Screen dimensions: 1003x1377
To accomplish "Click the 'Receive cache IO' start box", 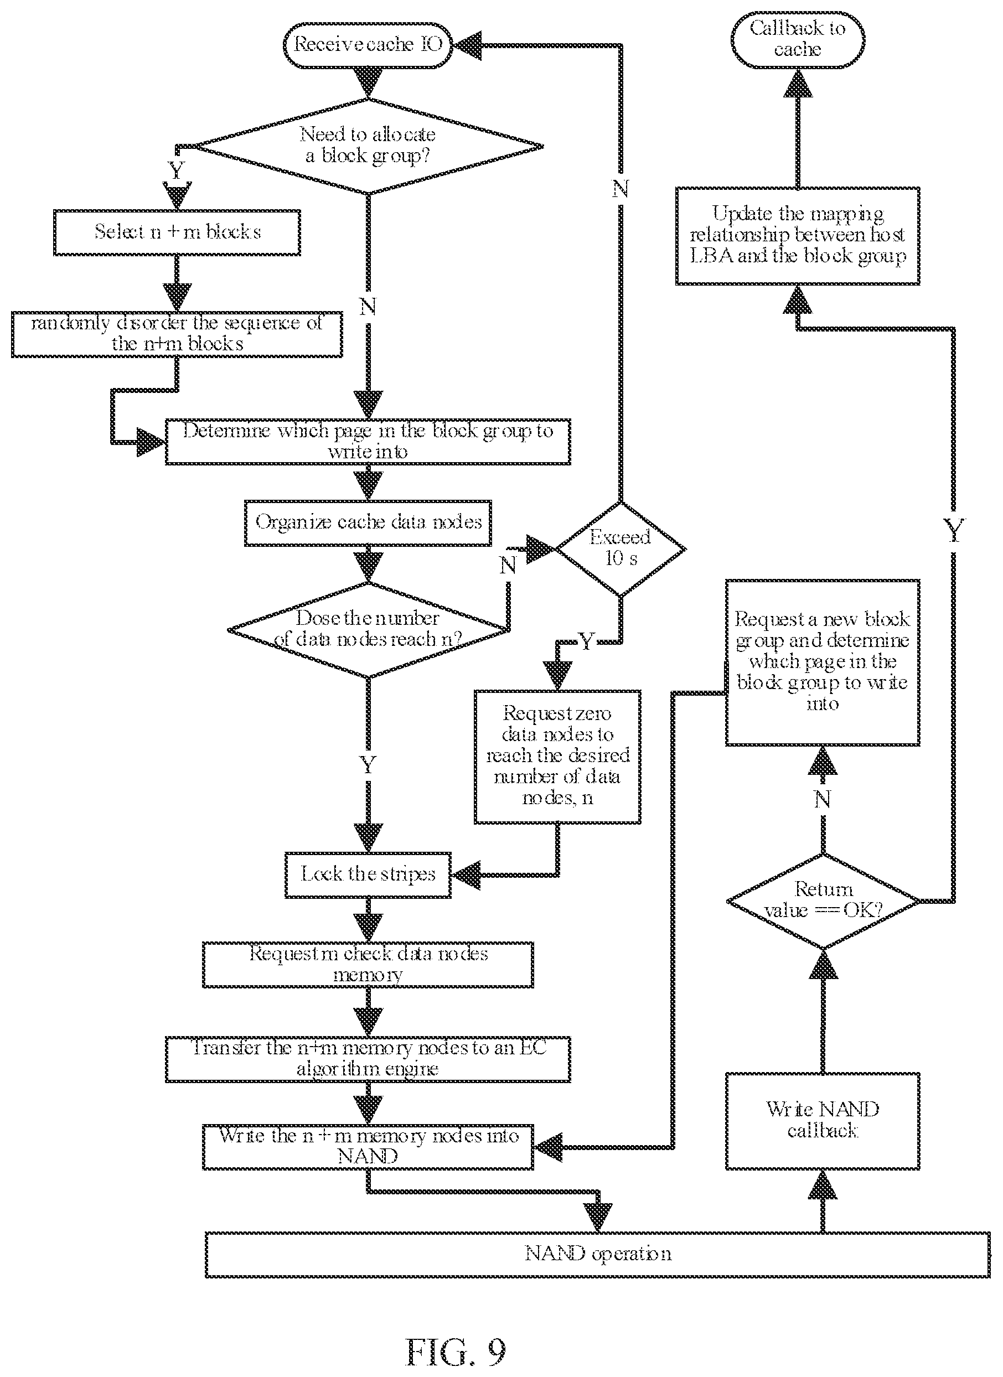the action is click(x=368, y=45).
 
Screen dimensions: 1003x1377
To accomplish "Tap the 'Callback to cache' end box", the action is click(x=797, y=39).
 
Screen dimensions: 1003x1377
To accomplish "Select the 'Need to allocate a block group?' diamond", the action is click(x=368, y=146).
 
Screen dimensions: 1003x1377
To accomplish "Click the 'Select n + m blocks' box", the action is click(x=177, y=232).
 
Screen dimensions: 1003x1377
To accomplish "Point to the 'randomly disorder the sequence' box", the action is click(x=177, y=334).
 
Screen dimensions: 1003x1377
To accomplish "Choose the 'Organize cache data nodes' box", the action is click(x=368, y=523).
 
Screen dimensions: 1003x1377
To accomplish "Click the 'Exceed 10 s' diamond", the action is click(x=621, y=549).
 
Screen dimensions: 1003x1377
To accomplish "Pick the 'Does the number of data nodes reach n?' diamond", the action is click(x=368, y=630).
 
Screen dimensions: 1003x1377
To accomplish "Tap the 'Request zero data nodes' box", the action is click(x=557, y=757).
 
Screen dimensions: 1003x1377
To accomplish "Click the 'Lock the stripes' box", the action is click(x=368, y=875).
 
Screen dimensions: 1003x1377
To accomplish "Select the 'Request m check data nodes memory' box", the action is click(x=368, y=965).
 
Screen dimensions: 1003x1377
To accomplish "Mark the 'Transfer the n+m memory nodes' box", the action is click(x=368, y=1059).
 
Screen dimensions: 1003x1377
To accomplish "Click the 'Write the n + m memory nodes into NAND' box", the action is click(x=368, y=1147).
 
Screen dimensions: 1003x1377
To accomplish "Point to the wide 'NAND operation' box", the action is click(x=597, y=1255).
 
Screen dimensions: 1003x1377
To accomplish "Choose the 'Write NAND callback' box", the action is click(x=823, y=1121).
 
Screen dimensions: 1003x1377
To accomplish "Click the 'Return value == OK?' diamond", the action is click(x=823, y=902).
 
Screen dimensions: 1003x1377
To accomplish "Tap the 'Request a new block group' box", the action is click(x=823, y=662).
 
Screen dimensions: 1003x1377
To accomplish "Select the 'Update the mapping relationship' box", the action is click(x=797, y=236).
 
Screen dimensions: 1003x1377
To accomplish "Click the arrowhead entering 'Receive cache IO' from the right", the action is click(x=466, y=45).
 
